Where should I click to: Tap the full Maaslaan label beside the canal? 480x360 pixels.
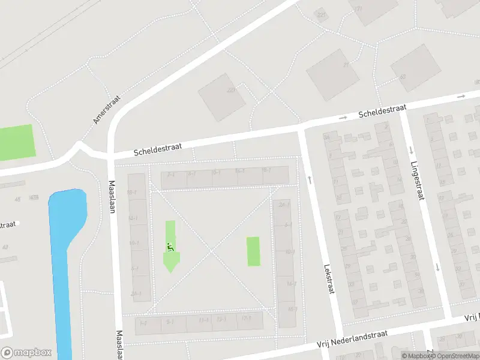[x=112, y=197]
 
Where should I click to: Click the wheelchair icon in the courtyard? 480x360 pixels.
[x=170, y=247]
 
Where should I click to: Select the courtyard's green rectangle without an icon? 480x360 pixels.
[x=253, y=251]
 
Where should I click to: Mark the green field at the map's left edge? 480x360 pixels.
[x=16, y=142]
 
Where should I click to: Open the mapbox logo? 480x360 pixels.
[x=26, y=353]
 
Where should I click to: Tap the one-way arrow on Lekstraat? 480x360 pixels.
[x=310, y=179]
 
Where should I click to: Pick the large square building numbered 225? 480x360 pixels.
[x=221, y=97]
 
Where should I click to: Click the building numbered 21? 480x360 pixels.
[x=332, y=74]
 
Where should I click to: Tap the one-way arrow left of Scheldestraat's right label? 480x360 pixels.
[x=343, y=118]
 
